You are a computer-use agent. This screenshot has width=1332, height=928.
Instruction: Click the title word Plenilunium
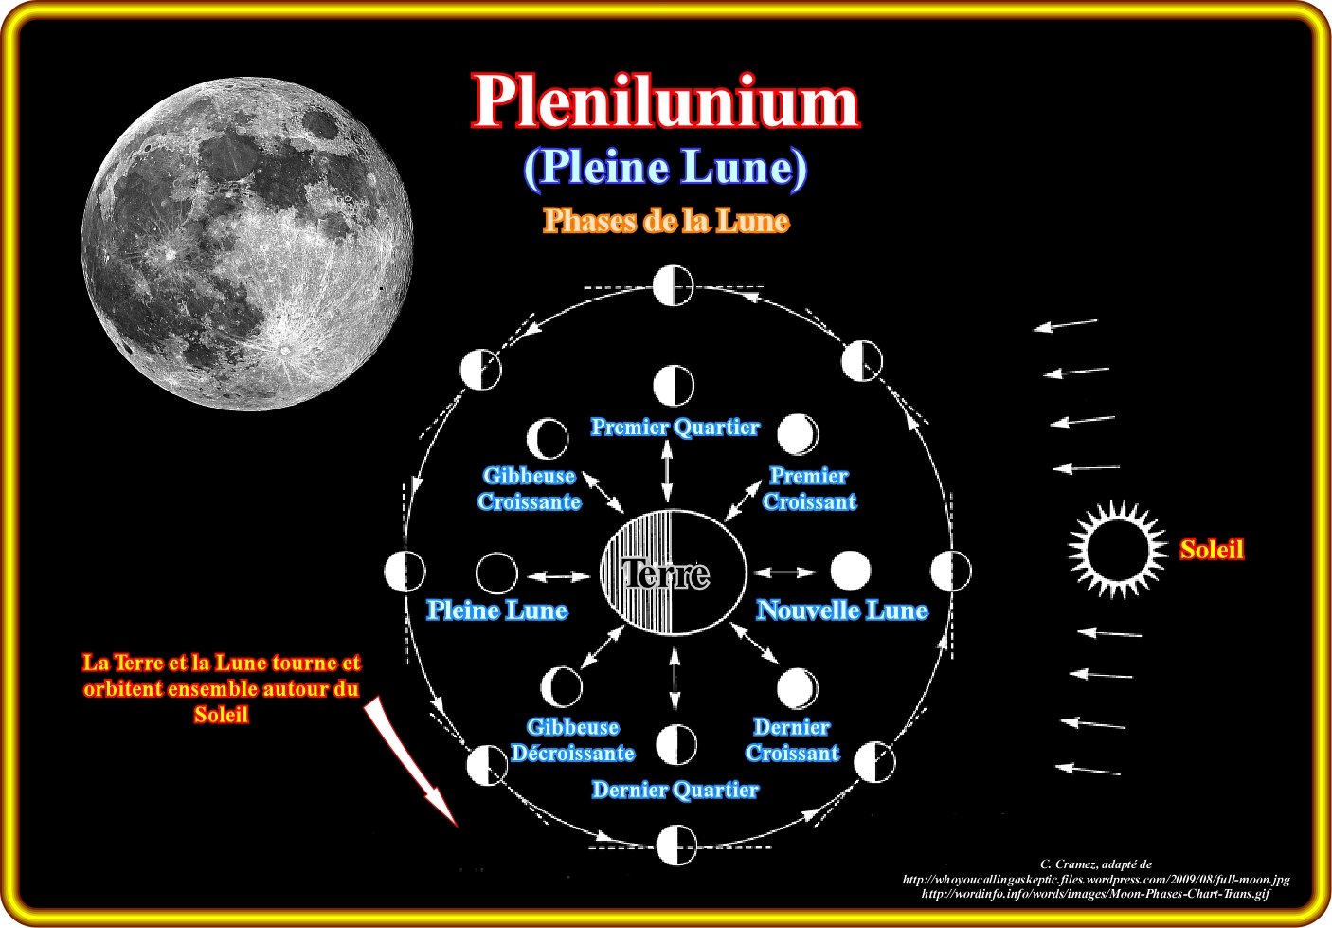tap(665, 101)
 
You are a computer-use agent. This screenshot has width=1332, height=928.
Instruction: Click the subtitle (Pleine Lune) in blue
tap(665, 168)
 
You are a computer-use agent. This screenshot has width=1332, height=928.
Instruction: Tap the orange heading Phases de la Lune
tap(665, 221)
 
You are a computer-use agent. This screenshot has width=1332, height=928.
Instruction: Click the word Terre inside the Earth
tap(666, 573)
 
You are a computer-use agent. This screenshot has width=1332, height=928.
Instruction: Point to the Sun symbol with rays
tap(1118, 549)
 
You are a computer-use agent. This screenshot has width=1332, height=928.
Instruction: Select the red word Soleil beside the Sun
tap(1211, 550)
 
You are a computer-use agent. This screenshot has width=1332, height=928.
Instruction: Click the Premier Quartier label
tap(675, 428)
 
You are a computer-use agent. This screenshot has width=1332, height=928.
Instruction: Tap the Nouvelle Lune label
tap(841, 610)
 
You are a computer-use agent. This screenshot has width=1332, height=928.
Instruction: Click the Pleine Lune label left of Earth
tap(496, 610)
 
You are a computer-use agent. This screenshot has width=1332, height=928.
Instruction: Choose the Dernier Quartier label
tap(675, 790)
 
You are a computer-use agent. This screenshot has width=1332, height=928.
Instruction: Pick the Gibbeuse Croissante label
tap(529, 489)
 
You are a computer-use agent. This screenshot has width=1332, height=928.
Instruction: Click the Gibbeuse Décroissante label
tap(572, 740)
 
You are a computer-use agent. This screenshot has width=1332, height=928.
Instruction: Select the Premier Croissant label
tap(809, 489)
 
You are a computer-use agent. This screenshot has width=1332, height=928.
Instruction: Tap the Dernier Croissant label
tap(792, 740)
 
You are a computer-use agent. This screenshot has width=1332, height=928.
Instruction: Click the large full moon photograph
tap(248, 244)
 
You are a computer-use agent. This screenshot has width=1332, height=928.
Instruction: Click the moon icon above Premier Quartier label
tap(674, 387)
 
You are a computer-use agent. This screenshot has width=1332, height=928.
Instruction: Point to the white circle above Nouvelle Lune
tap(850, 572)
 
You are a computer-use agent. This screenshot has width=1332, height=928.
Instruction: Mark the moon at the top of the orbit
tap(674, 285)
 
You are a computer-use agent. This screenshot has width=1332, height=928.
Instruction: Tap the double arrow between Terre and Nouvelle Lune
tap(783, 573)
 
